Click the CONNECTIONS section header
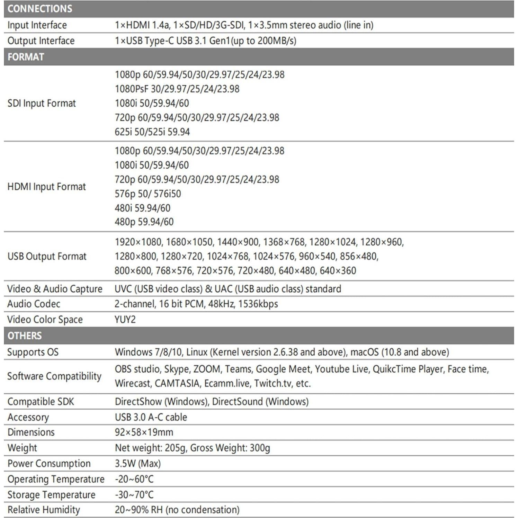coord(40,9)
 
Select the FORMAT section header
coord(26,57)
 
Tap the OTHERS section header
coord(25,336)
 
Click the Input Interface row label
coord(37,25)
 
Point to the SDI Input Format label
coord(42,103)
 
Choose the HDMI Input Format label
coord(46,187)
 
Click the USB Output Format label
coord(47,256)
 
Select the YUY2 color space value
coord(125,319)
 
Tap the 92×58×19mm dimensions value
coord(144,432)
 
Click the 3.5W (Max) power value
coord(138,463)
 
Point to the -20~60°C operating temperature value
coord(134,479)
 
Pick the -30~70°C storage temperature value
coord(134,494)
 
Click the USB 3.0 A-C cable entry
coord(151,417)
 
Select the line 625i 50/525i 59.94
coord(152,132)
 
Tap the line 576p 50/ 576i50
coord(148,194)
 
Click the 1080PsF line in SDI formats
coord(177,89)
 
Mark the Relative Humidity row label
coord(44,510)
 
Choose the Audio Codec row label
coord(34,304)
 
